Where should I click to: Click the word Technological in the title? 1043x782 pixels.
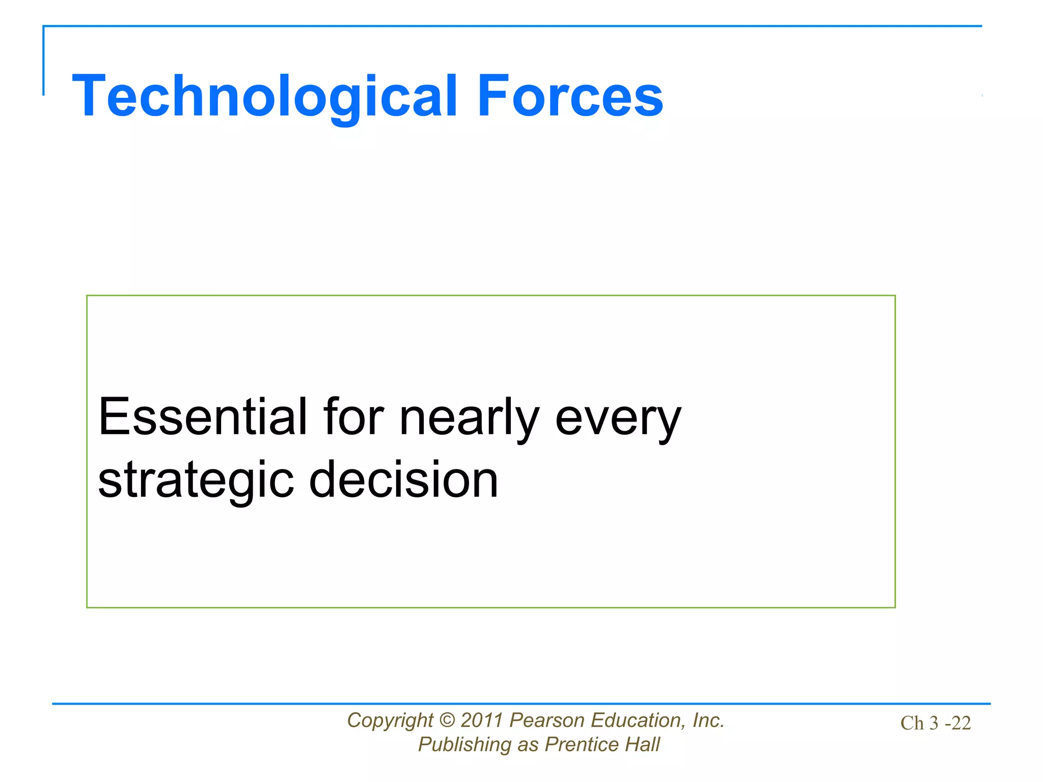265,97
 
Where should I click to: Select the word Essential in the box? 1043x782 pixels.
203,417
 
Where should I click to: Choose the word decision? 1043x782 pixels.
403,480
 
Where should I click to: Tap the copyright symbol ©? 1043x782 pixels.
447,721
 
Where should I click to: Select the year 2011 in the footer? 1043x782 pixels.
482,721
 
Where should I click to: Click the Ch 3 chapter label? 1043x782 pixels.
919,723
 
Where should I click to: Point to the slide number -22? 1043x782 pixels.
958,723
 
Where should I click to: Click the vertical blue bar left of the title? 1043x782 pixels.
43,61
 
